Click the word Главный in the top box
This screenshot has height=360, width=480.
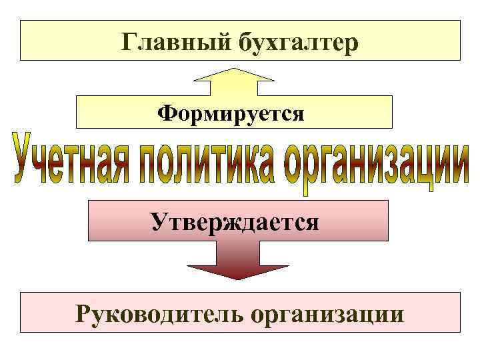pyautogui.click(x=175, y=42)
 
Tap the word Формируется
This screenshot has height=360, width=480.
pyautogui.click(x=231, y=113)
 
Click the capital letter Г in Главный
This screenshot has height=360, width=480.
pyautogui.click(x=130, y=41)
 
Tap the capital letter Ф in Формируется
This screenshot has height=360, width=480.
pyautogui.click(x=166, y=113)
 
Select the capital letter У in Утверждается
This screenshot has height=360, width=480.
pyautogui.click(x=159, y=221)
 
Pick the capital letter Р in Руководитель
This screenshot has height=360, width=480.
pyautogui.click(x=84, y=311)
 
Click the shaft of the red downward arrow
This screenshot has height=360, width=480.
pyautogui.click(x=237, y=252)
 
